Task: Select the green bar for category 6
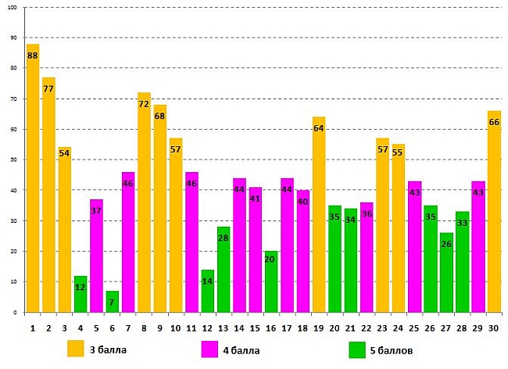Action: tap(113, 302)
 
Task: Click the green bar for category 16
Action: tap(271, 281)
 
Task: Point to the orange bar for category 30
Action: tap(494, 211)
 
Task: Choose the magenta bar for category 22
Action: tap(367, 257)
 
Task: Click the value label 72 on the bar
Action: tap(144, 104)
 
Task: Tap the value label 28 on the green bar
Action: tap(224, 238)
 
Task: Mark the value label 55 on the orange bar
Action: tap(399, 152)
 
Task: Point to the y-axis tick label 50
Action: tap(14, 159)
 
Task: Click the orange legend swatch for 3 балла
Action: tap(76, 348)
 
